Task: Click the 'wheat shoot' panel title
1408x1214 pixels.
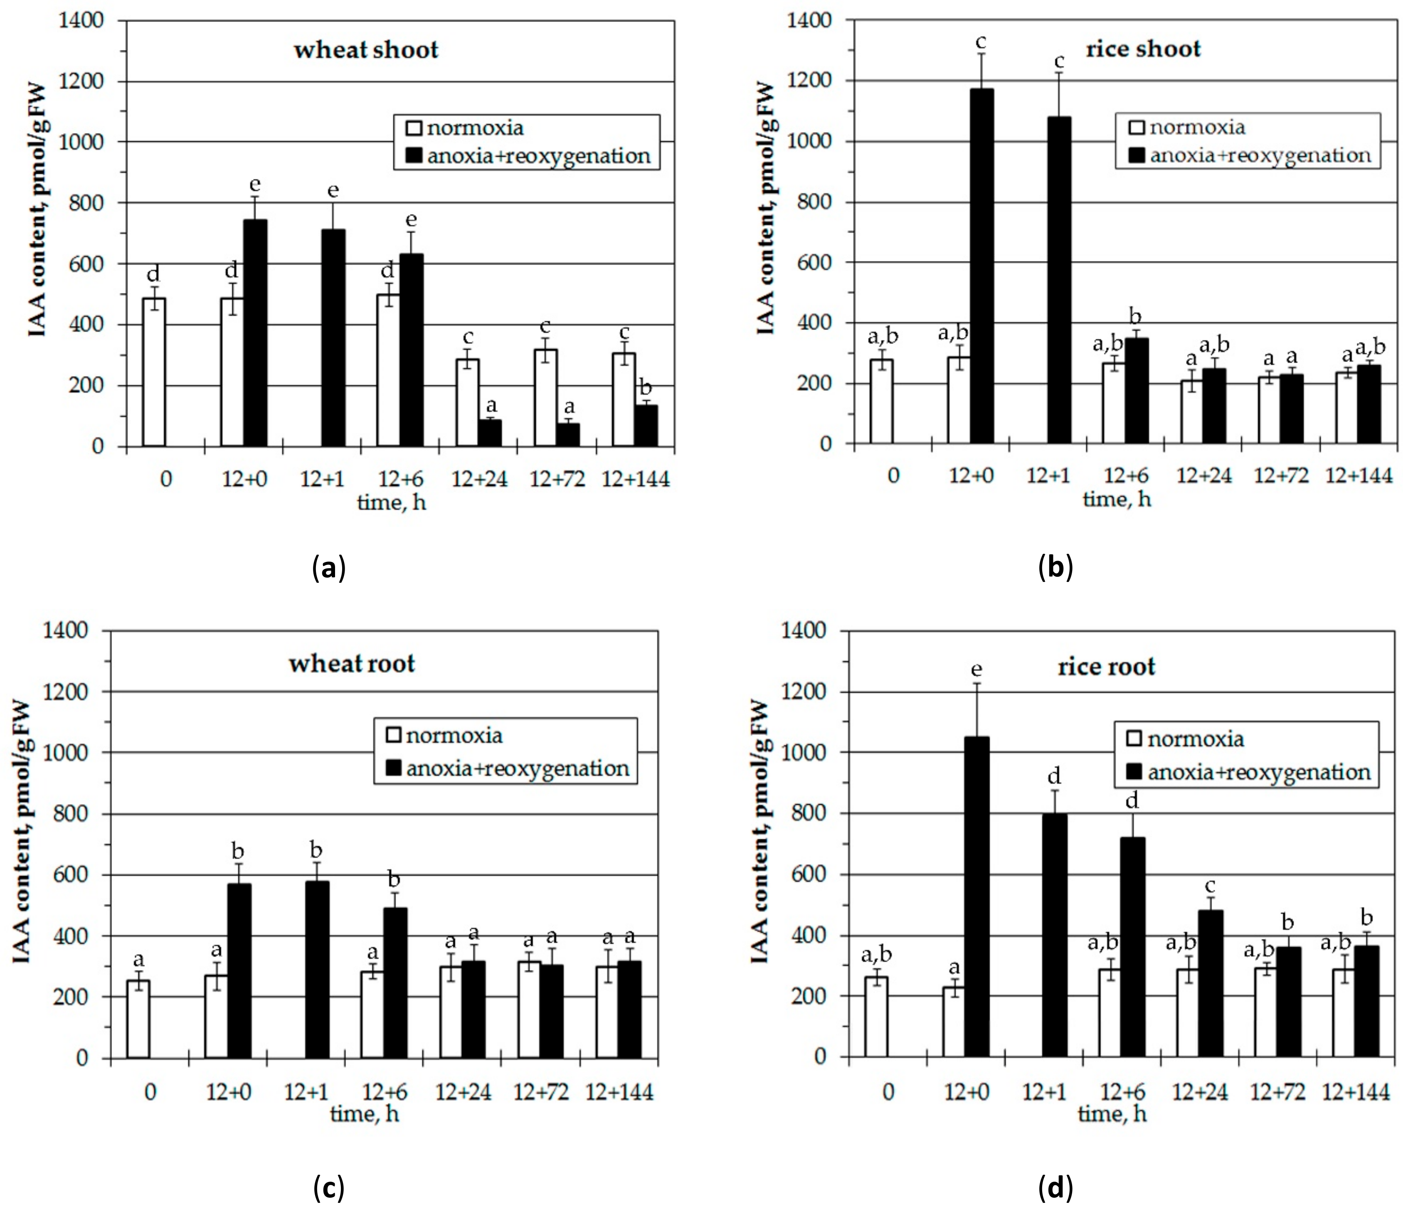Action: coord(366,49)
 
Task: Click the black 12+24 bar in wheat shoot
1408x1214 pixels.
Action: coord(490,433)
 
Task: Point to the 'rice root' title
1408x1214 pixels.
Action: coord(1106,667)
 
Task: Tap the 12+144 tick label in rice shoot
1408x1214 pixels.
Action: coord(1359,475)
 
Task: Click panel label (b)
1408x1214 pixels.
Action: coord(1055,566)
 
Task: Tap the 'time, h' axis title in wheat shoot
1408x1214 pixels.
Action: coord(392,503)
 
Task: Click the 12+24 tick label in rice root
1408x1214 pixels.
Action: coord(1200,1092)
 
